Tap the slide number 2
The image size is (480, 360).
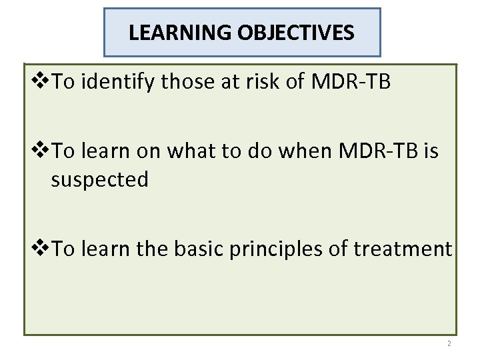point(449,343)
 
